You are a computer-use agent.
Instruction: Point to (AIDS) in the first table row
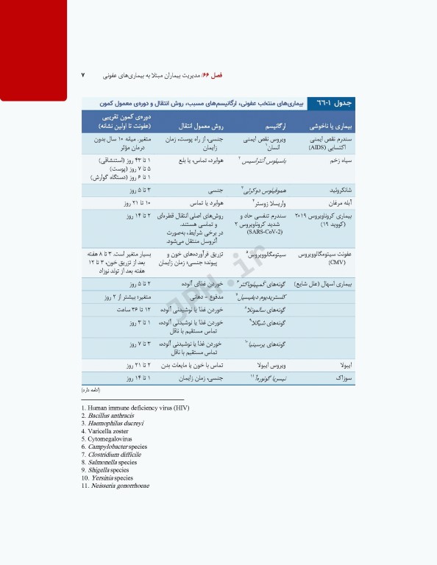click(340, 146)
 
